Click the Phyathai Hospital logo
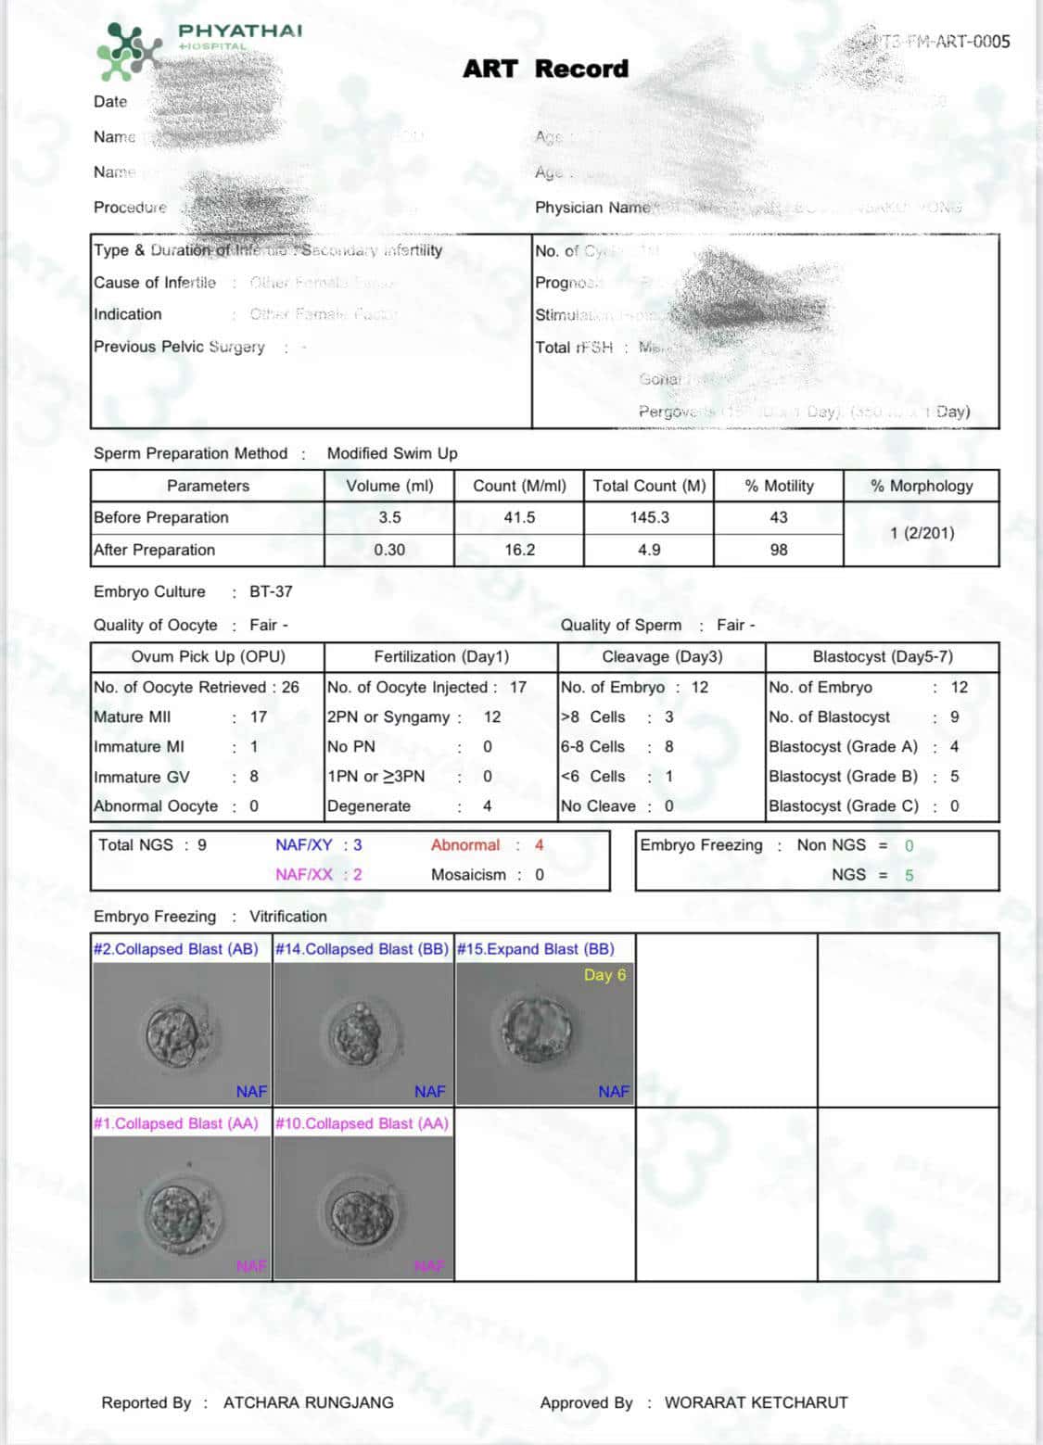[x=130, y=50]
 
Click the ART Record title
[x=545, y=69]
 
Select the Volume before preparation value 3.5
[x=389, y=517]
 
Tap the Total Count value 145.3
[x=649, y=517]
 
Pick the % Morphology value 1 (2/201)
[x=922, y=533]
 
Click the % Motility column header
[x=779, y=486]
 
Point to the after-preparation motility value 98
[x=779, y=550]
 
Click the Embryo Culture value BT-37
[x=271, y=591]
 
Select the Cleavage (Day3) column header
[x=662, y=656]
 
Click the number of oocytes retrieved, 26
[x=290, y=687]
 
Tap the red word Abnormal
[x=464, y=844]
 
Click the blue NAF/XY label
[x=303, y=844]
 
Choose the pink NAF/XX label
[x=303, y=874]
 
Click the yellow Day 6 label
[x=604, y=974]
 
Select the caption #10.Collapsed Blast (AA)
[x=362, y=1123]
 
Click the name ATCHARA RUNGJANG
[x=308, y=1402]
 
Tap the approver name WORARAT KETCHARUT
[x=756, y=1402]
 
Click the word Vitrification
[x=287, y=916]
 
